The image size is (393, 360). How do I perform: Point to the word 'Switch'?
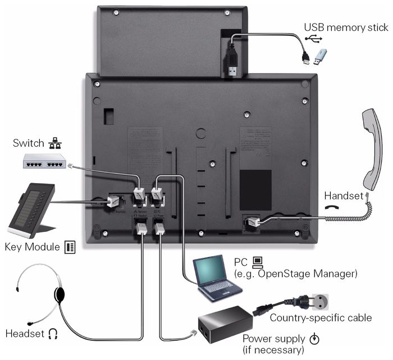[x=28, y=143]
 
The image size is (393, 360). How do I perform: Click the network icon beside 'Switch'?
[x=56, y=143]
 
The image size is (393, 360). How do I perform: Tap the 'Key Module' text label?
[x=32, y=247]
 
